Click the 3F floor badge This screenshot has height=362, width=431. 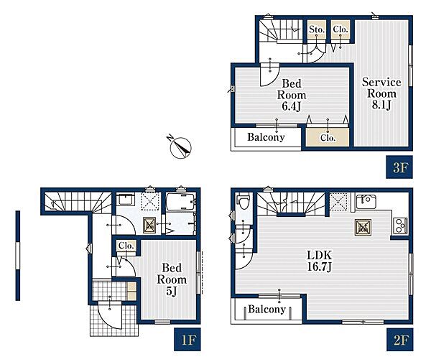click(399, 167)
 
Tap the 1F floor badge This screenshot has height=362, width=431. click(187, 340)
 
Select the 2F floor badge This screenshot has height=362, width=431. click(399, 340)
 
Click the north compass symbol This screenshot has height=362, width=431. click(180, 147)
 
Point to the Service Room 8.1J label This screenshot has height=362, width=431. click(381, 93)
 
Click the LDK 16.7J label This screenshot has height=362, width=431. click(320, 261)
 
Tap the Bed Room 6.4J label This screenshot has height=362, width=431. click(292, 95)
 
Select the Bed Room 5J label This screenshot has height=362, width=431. click(172, 279)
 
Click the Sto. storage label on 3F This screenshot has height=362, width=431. click(317, 29)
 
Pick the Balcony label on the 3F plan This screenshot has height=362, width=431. click(266, 137)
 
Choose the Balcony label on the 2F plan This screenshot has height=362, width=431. click(267, 310)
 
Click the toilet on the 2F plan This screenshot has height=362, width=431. click(244, 201)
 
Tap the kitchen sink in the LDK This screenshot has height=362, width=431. click(366, 202)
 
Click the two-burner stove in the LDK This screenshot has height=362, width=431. click(401, 226)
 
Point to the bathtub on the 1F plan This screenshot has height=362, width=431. click(181, 203)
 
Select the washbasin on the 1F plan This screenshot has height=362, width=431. click(125, 199)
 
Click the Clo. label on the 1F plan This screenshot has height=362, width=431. click(126, 246)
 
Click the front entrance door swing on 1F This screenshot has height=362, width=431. click(110, 315)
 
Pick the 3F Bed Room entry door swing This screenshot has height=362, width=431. click(269, 75)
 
